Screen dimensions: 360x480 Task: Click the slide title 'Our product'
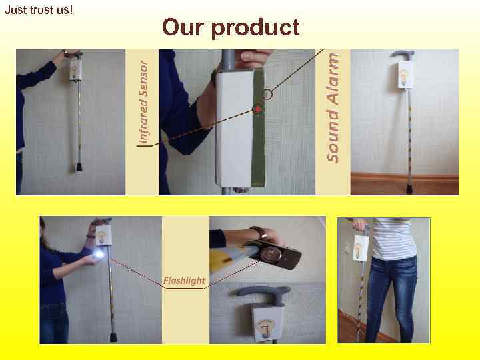[x=231, y=27]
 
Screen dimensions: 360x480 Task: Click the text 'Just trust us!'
[x=38, y=11]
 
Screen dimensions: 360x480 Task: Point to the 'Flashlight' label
[x=184, y=280]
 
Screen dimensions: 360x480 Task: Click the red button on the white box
[x=257, y=109]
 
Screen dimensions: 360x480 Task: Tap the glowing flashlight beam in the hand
[x=100, y=254]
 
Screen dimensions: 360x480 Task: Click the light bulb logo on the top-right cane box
[x=406, y=75]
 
